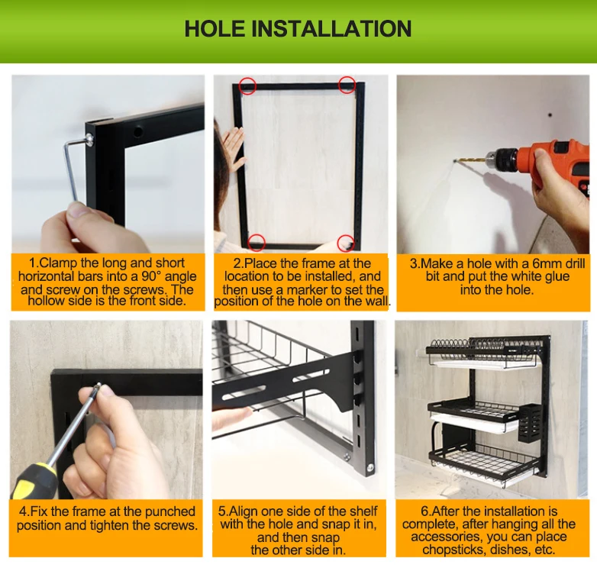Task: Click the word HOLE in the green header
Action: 215,28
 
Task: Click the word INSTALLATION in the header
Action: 331,28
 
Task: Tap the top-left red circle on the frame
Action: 247,85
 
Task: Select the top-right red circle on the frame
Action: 347,85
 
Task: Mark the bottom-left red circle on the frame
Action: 257,243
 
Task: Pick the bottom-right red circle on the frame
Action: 346,243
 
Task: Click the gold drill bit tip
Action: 455,161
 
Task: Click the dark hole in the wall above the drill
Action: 550,115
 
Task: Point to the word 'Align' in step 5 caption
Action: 243,511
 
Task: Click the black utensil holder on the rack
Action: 530,423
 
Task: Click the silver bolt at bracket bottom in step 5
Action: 369,466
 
